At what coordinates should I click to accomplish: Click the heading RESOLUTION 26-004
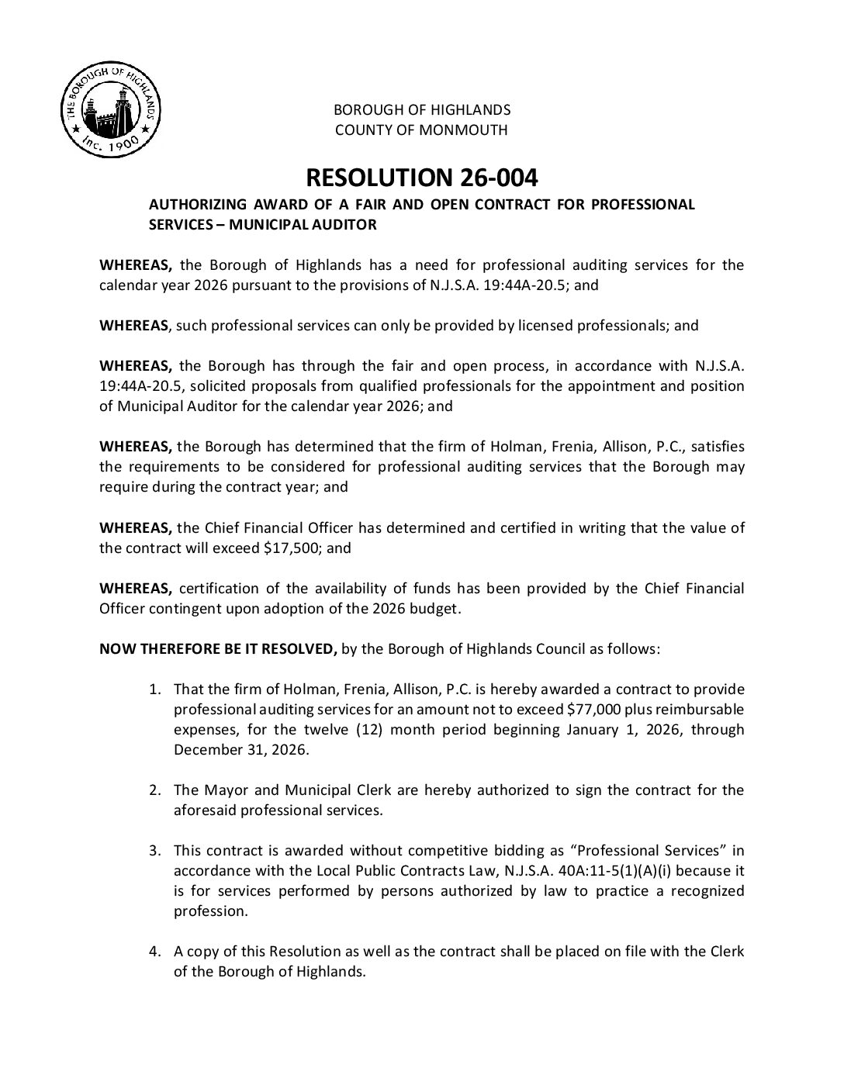point(421,178)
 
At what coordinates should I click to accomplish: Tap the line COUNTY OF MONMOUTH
point(421,130)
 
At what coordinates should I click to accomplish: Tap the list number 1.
point(155,689)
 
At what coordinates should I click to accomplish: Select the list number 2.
point(155,790)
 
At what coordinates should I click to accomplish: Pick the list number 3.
point(155,851)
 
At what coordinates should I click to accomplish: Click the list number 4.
point(155,952)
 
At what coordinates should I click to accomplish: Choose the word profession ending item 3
point(210,911)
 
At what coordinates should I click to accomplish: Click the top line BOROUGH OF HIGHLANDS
point(421,109)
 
